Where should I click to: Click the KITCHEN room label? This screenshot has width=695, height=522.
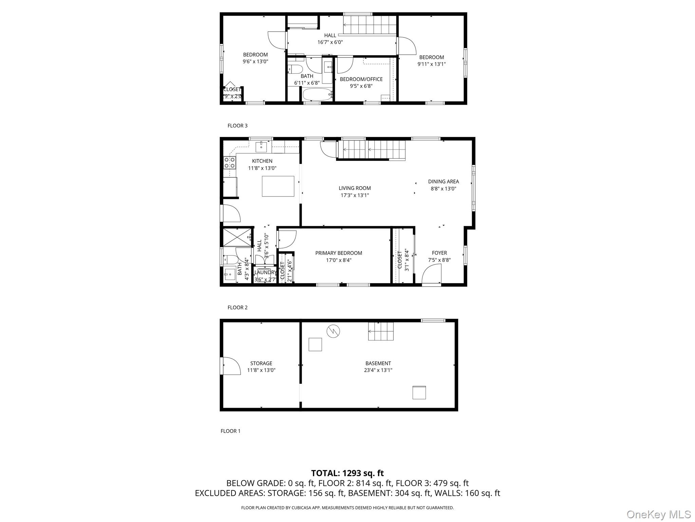click(x=262, y=161)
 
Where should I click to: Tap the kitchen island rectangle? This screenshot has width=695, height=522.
click(x=278, y=186)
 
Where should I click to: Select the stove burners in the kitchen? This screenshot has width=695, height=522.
click(x=230, y=163)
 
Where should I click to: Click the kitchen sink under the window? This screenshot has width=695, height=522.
click(x=261, y=147)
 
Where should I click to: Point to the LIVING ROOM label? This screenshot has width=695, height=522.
click(x=355, y=188)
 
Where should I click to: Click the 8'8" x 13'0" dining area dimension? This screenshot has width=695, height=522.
click(x=443, y=189)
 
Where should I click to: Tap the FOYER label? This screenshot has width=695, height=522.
click(x=439, y=253)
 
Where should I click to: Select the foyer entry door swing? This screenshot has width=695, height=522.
click(x=431, y=275)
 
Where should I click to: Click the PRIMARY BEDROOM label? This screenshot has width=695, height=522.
click(x=338, y=253)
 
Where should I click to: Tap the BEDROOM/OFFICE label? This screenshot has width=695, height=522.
click(x=361, y=79)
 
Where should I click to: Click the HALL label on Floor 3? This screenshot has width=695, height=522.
click(x=330, y=35)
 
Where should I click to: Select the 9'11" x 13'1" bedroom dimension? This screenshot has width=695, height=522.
click(x=431, y=64)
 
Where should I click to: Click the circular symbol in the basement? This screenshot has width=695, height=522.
click(x=333, y=331)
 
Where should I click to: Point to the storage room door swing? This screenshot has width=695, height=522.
click(x=231, y=366)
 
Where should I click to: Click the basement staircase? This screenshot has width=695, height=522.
click(x=381, y=331)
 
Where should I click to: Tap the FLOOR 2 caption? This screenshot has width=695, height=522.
click(x=237, y=308)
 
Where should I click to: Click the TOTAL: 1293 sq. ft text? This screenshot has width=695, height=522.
click(x=347, y=473)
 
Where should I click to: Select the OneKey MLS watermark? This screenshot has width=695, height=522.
click(x=658, y=514)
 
